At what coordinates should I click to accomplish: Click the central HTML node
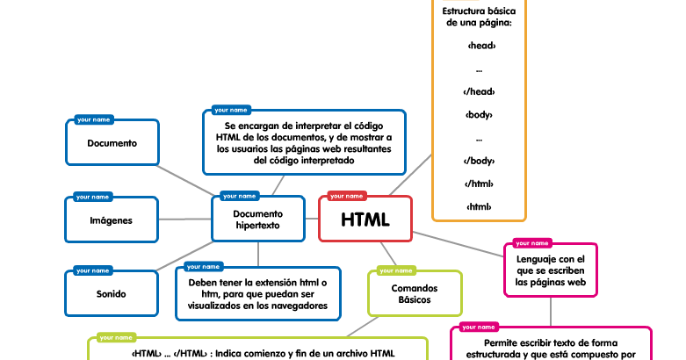[x=365, y=220]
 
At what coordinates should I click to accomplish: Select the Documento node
[x=112, y=143]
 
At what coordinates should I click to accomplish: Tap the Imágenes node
[x=112, y=220]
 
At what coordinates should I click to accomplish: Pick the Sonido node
[x=112, y=294]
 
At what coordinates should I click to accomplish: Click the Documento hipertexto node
[x=257, y=220]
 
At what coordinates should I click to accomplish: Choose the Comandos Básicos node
[x=415, y=293]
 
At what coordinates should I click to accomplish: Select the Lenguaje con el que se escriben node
[x=550, y=271]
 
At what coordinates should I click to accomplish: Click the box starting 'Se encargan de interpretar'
[x=303, y=143]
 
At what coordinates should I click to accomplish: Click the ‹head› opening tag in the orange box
[x=479, y=45]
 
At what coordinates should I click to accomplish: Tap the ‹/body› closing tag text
[x=479, y=161]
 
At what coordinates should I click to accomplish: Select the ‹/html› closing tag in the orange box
[x=479, y=184]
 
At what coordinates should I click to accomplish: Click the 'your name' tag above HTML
[x=347, y=196]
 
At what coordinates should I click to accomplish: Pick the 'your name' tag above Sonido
[x=92, y=270]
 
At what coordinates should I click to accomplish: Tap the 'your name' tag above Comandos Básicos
[x=396, y=270]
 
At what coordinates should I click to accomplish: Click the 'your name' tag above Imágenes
[x=92, y=197]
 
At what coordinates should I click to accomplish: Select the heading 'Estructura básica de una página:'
[x=479, y=17]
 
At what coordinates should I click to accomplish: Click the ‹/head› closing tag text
[x=479, y=91]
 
